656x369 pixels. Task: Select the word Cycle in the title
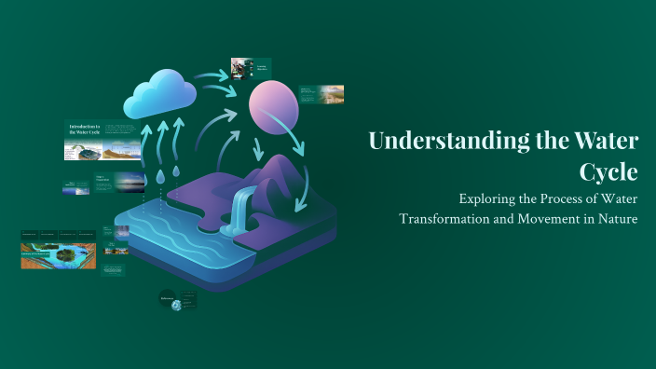point(608,172)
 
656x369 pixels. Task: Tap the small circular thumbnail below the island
point(168,300)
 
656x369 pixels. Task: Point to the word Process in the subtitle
point(559,198)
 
